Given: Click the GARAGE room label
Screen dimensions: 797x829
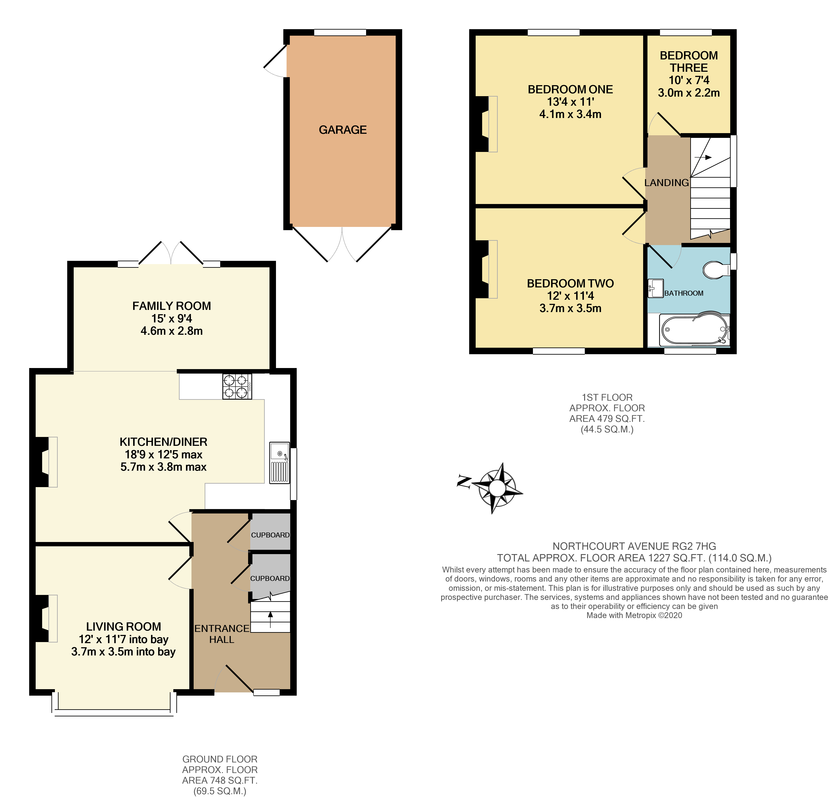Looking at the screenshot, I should point(343,130).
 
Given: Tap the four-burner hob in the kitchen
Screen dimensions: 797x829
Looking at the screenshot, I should point(237,386).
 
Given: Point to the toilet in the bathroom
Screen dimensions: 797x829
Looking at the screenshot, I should point(716,269).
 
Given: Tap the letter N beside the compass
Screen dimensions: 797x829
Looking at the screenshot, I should point(464,482).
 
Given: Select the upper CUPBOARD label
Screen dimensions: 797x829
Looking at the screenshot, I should point(270,535).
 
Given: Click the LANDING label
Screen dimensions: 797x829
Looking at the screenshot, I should point(666,183).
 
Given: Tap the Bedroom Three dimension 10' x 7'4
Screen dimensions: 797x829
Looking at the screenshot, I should point(689,80).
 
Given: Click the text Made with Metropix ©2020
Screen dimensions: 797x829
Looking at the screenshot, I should point(634,615).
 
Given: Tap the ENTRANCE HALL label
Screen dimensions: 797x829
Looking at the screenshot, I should point(222,634).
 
